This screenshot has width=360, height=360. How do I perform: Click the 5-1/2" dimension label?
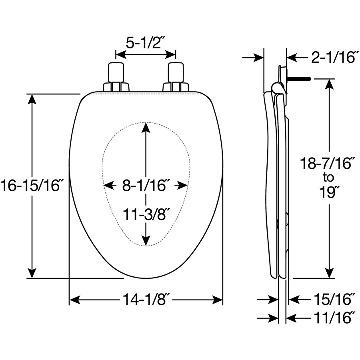pos(143,42)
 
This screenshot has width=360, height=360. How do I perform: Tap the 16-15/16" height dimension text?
pos(30,185)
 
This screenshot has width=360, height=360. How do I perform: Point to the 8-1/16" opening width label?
pos(144,185)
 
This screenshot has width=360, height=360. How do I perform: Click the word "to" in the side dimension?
pos(328,178)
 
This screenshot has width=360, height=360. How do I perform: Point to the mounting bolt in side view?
pos(298,79)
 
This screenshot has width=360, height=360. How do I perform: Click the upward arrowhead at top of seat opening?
pos(146,128)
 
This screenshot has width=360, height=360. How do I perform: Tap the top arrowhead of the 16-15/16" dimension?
pos(33,100)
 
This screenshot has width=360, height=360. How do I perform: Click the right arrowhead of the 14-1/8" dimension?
pos(217,300)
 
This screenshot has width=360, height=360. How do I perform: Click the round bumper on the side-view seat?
pos(287,219)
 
